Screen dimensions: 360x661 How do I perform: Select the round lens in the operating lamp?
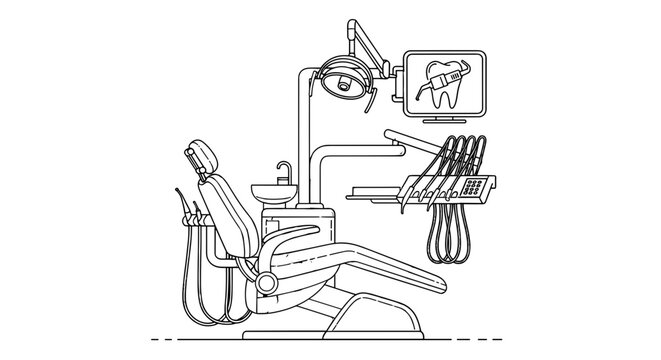coord(345,86)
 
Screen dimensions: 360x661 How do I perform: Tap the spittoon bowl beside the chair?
coord(272,190)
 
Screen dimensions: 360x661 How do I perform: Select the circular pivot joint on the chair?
coord(266,283)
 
